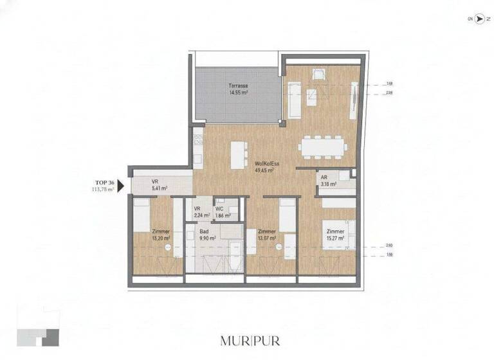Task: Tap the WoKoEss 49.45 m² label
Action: click(266, 167)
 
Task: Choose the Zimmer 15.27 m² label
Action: click(334, 235)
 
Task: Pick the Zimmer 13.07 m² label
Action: click(266, 235)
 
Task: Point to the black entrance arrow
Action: click(121, 186)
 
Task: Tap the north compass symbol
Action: click(479, 19)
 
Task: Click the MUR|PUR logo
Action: click(250, 340)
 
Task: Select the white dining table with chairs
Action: click(322, 147)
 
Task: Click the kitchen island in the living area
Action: click(238, 154)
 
